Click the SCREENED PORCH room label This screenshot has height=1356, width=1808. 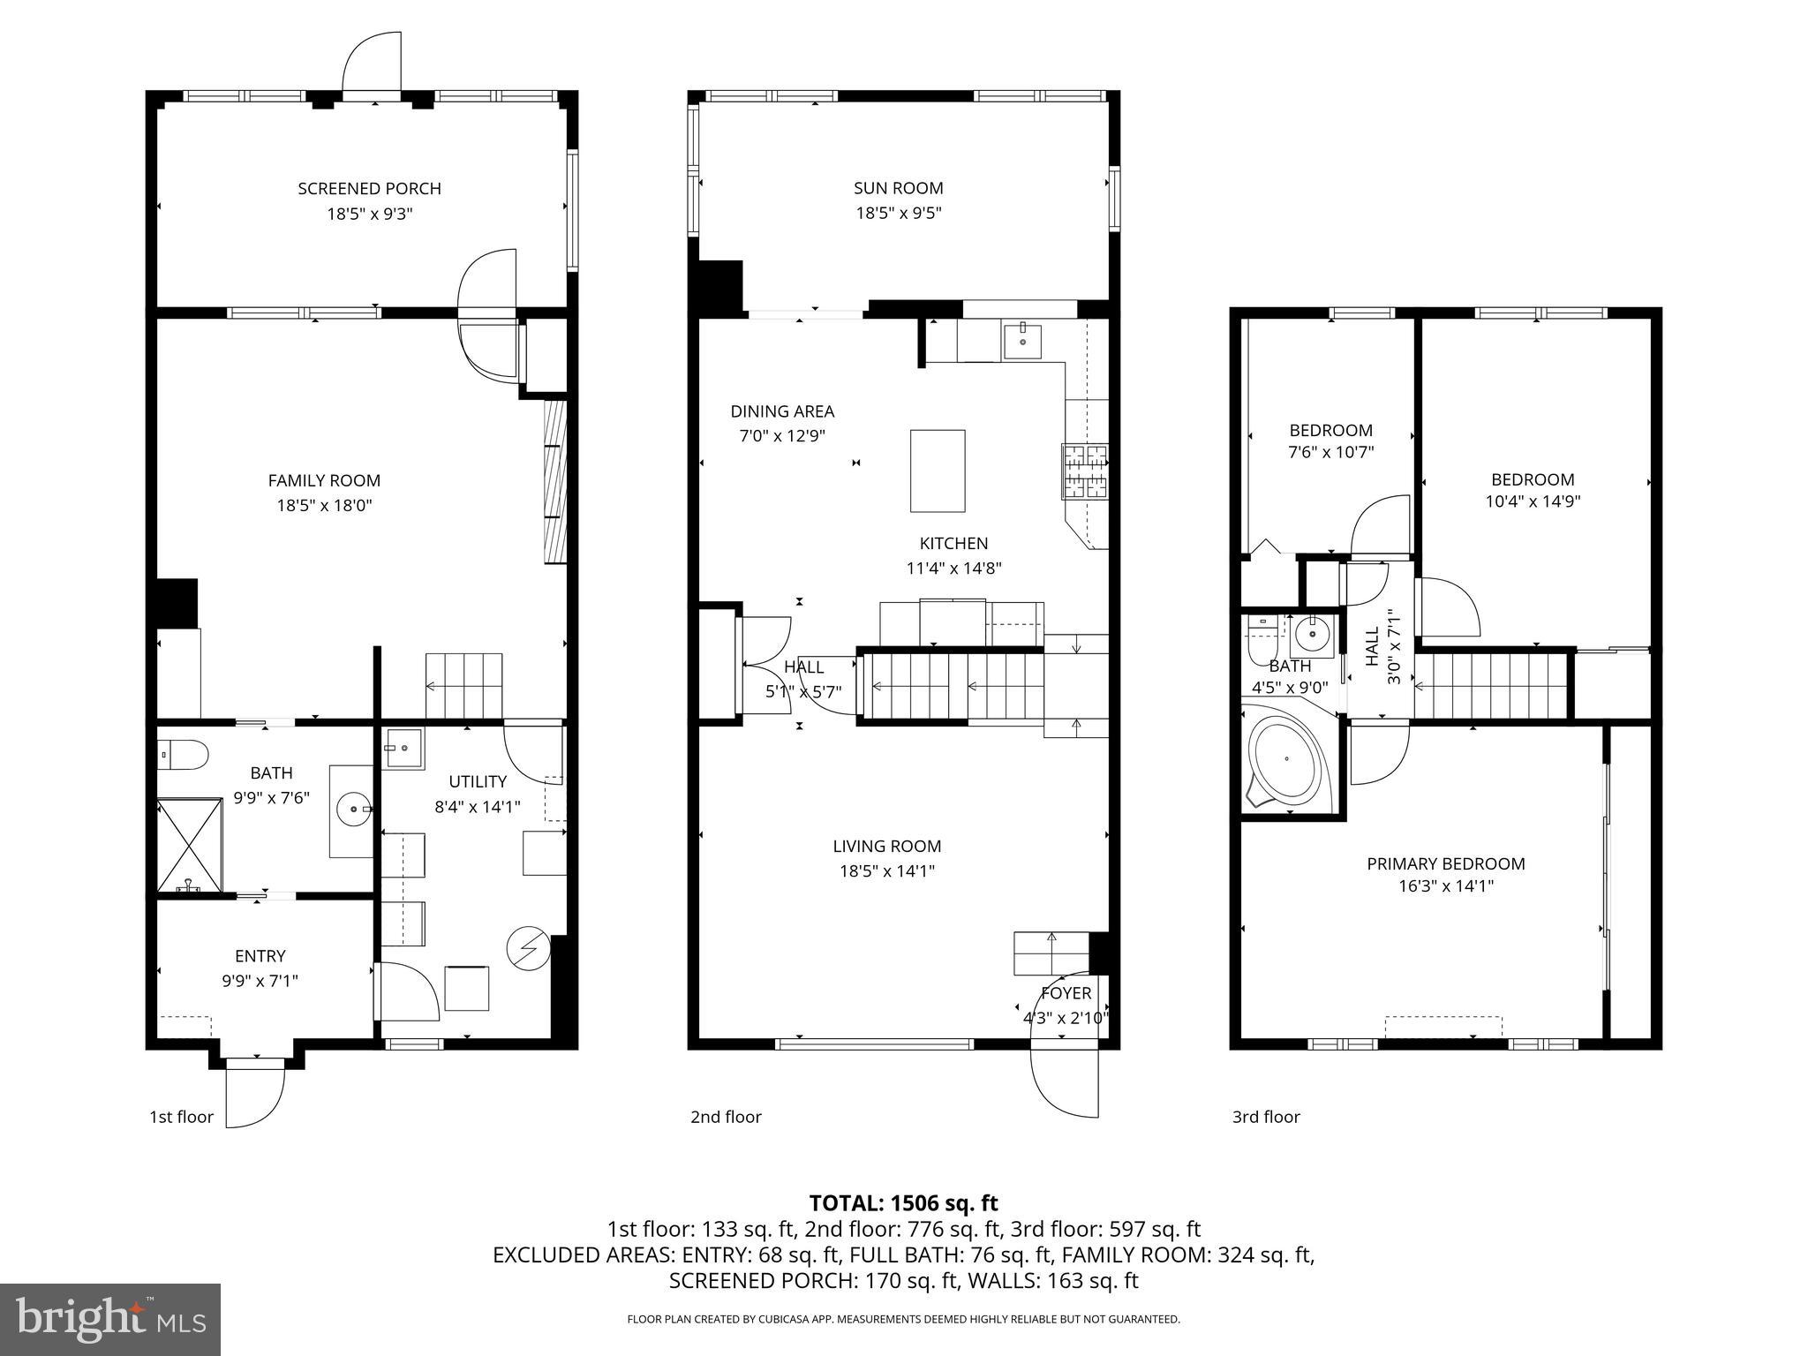pyautogui.click(x=369, y=188)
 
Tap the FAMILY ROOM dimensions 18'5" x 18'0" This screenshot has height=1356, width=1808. pyautogui.click(x=324, y=506)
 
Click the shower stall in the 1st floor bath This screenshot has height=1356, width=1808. pyautogui.click(x=190, y=846)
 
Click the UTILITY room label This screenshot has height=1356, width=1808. pyautogui.click(x=478, y=781)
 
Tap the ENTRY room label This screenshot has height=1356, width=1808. pyautogui.click(x=260, y=956)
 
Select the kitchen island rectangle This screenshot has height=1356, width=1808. pyautogui.click(x=938, y=471)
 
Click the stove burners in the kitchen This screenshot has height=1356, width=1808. pyautogui.click(x=1084, y=471)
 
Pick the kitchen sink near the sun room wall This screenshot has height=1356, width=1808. pyautogui.click(x=1022, y=342)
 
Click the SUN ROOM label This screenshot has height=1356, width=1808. pyautogui.click(x=898, y=188)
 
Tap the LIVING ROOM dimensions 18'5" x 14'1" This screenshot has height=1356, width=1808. pyautogui.click(x=886, y=871)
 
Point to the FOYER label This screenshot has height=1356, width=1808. pyautogui.click(x=1066, y=993)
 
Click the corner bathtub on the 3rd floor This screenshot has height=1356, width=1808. pyautogui.click(x=1286, y=761)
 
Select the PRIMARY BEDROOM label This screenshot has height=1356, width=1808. pyautogui.click(x=1445, y=863)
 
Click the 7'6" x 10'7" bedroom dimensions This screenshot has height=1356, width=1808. pyautogui.click(x=1330, y=452)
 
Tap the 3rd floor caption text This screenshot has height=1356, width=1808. pyautogui.click(x=1266, y=1117)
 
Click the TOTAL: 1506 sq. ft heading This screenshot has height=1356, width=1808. pyautogui.click(x=903, y=1202)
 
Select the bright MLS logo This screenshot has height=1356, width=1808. pyautogui.click(x=110, y=1320)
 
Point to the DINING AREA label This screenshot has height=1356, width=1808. pyautogui.click(x=782, y=411)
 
